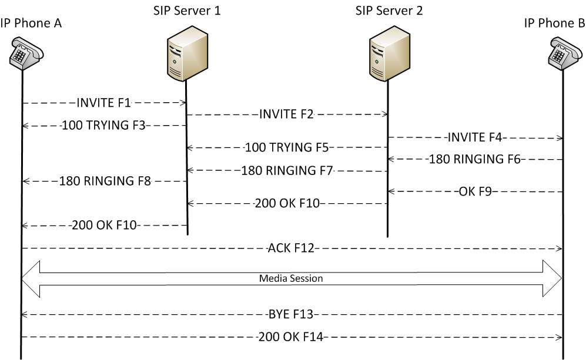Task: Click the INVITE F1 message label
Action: click(x=103, y=103)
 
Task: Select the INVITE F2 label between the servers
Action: click(x=286, y=115)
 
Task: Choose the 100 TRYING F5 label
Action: click(x=286, y=148)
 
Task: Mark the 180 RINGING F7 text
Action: click(x=287, y=171)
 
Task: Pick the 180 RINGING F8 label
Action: click(x=105, y=181)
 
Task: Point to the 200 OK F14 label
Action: click(x=291, y=337)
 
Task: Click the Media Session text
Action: click(x=291, y=278)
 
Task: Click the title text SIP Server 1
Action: click(x=186, y=11)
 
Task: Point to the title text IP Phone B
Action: click(x=554, y=23)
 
